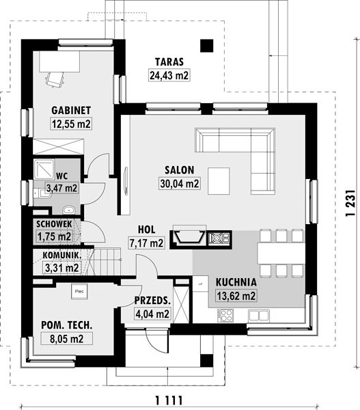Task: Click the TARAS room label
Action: click(169, 62)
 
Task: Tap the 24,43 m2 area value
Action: click(169, 75)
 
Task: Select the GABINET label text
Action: click(71, 110)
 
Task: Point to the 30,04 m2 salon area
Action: click(180, 184)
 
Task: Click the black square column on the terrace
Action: click(207, 46)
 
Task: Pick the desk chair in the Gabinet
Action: click(55, 79)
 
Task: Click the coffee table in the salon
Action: click(219, 181)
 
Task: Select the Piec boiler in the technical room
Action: click(79, 292)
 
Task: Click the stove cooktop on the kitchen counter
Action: click(225, 315)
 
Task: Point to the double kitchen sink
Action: click(259, 316)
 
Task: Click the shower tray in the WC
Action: click(44, 169)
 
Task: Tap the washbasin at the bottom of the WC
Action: click(69, 210)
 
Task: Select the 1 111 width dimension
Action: click(169, 400)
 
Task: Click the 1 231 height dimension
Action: click(350, 203)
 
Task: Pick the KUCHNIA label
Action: click(236, 282)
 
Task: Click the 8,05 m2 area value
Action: click(67, 339)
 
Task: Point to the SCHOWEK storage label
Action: click(54, 224)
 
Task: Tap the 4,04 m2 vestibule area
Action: click(152, 314)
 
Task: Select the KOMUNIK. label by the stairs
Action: click(61, 255)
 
